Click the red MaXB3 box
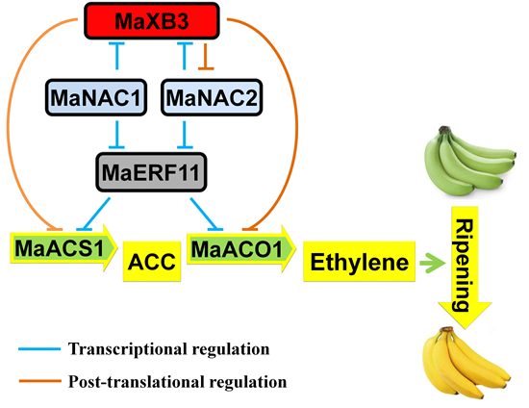coord(152,20)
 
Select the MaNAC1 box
coord(96,97)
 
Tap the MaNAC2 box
coord(212,97)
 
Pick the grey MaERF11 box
coord(151,172)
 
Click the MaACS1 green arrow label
coord(63,247)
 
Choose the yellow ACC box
coord(152,262)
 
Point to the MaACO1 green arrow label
coord(241,248)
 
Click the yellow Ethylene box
coord(360,262)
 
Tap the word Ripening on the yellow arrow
coord(465,266)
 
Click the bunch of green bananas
coord(469,161)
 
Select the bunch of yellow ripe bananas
coord(466,362)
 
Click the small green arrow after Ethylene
coord(432,262)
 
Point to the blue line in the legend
coord(39,349)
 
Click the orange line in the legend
coord(39,381)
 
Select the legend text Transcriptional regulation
coord(168,349)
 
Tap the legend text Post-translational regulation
coord(178,382)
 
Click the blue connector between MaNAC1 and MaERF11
coord(116,135)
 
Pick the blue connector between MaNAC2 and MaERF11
coord(185,135)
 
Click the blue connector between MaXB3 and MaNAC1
coord(116,56)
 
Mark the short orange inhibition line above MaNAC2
coord(206,57)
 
